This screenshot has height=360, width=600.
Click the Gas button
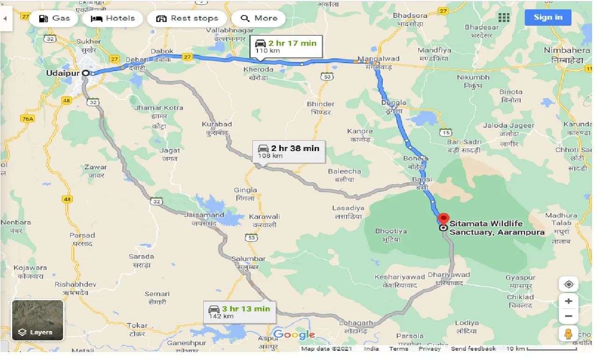point(54,19)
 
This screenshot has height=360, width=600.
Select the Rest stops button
point(187,19)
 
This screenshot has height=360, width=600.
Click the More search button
point(259,19)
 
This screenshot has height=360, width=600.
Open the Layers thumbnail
point(37,320)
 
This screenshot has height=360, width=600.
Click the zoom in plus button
point(568,301)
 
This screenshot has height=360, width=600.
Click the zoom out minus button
point(568,316)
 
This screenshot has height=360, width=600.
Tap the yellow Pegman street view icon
point(568,333)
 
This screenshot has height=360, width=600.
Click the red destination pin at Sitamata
point(443,219)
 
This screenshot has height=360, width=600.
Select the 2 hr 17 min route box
point(286,46)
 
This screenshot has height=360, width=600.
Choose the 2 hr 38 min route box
point(288,151)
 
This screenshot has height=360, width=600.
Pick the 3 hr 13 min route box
point(239,312)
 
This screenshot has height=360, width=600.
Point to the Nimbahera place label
point(567,50)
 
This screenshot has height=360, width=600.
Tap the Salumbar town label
point(249,259)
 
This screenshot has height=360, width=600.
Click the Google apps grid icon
point(504,18)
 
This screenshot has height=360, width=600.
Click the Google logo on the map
point(294,335)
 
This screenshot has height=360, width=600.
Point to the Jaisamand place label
point(204,215)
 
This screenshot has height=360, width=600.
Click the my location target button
point(568,284)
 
